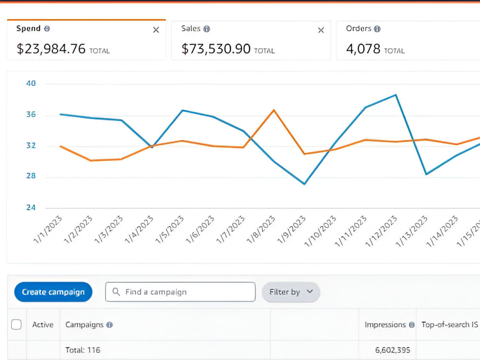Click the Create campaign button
click(x=53, y=292)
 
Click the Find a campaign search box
click(x=180, y=292)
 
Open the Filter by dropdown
click(x=291, y=292)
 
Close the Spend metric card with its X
click(x=156, y=30)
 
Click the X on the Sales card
click(x=321, y=30)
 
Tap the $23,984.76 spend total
click(x=51, y=49)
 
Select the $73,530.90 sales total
click(x=216, y=49)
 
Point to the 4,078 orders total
click(x=363, y=49)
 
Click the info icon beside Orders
click(x=377, y=29)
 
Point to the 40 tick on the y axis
click(x=31, y=83)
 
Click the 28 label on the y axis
click(x=31, y=176)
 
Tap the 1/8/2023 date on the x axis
click(x=261, y=229)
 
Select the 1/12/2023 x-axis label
click(x=381, y=231)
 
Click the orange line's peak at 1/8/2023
click(x=274, y=110)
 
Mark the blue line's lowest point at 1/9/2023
click(x=304, y=184)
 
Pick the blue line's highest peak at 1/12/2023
click(x=396, y=95)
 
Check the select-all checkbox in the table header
click(x=16, y=324)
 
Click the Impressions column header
click(x=385, y=324)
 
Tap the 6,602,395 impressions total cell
click(x=393, y=350)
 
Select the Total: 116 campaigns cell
click(x=83, y=350)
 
